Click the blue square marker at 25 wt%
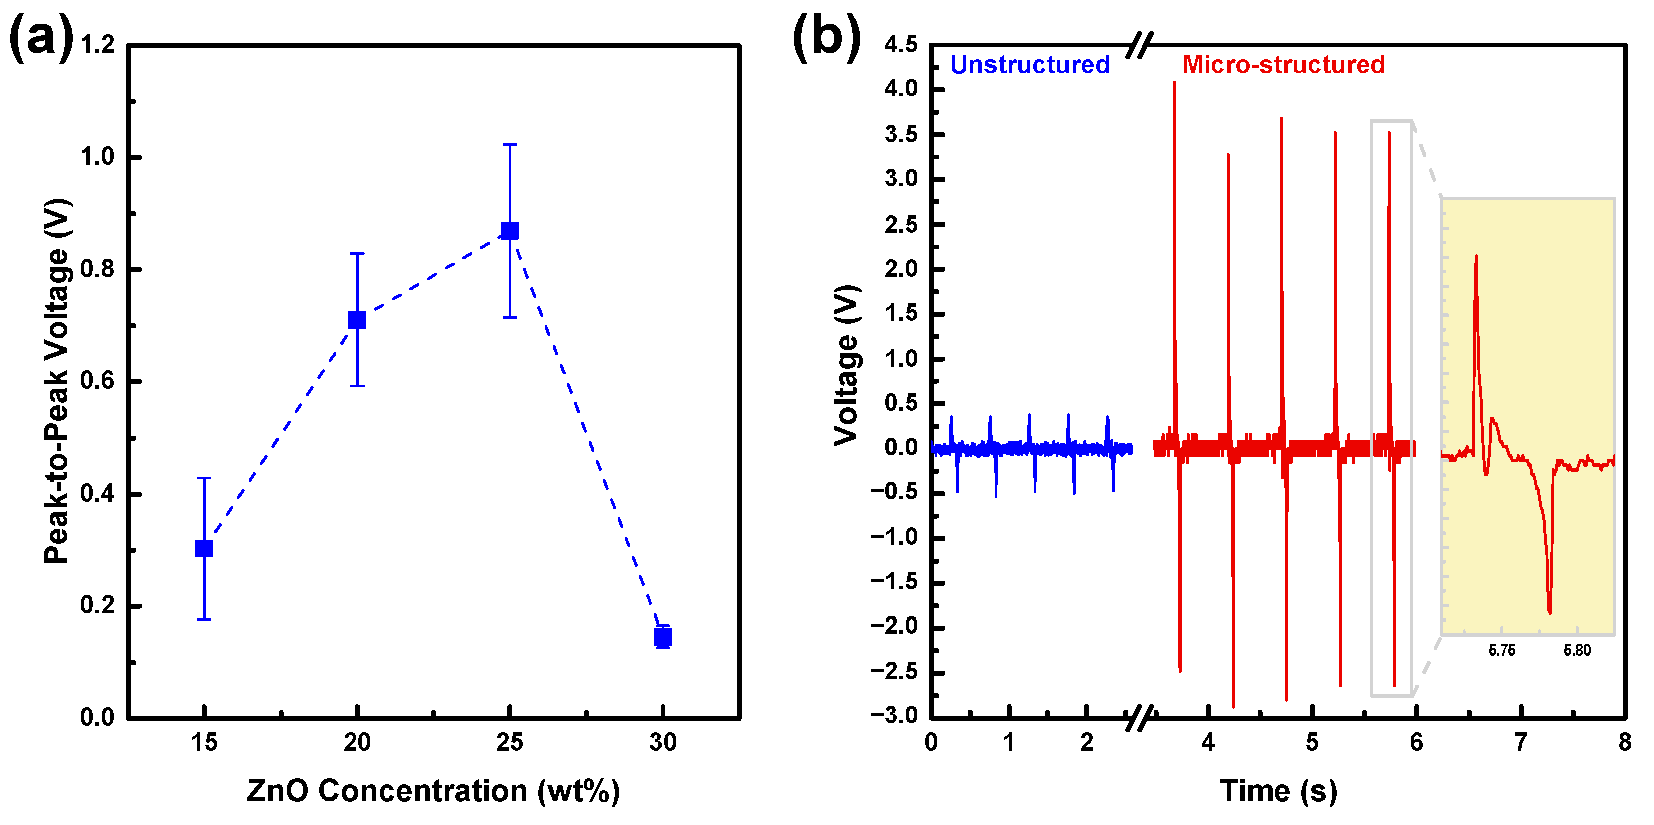[510, 230]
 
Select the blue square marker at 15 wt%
[204, 548]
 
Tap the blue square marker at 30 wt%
[663, 637]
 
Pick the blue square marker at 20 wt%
[357, 319]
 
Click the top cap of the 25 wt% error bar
[510, 144]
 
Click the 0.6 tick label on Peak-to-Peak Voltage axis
[98, 381]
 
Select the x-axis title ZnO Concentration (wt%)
[433, 790]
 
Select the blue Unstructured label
[1030, 64]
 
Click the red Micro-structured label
[1283, 64]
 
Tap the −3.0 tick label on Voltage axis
[895, 715]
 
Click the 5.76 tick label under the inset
[1502, 650]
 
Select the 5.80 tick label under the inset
[1577, 650]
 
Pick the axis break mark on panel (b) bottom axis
[1140, 718]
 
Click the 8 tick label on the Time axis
[1624, 743]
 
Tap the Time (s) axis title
[1278, 790]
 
